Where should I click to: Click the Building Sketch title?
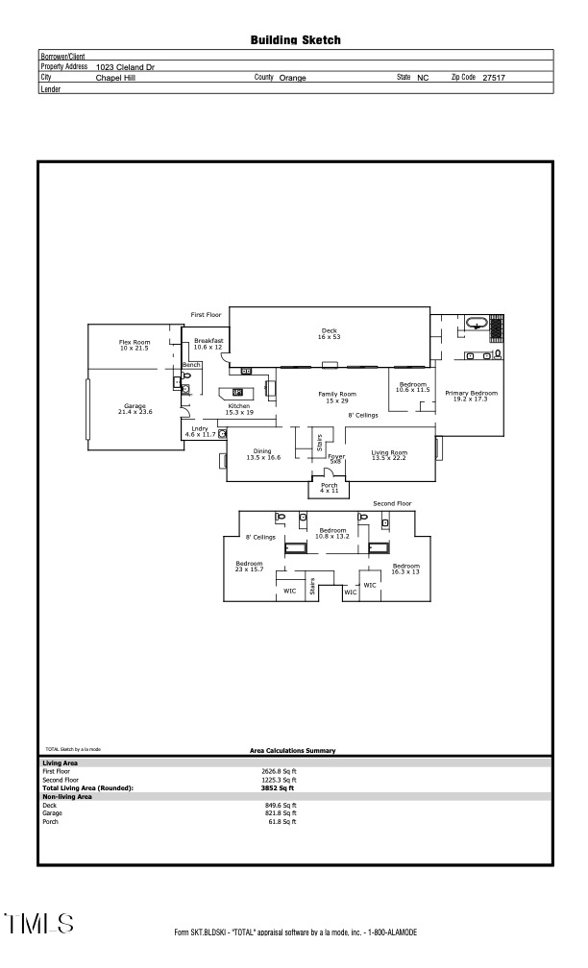[x=295, y=40]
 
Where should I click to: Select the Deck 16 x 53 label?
[x=330, y=333]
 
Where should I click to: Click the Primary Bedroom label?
[x=471, y=395]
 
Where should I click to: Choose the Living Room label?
[x=389, y=453]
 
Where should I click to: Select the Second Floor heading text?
[x=392, y=503]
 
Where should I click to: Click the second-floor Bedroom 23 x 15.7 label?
[x=249, y=566]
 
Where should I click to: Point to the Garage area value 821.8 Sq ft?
[x=281, y=813]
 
